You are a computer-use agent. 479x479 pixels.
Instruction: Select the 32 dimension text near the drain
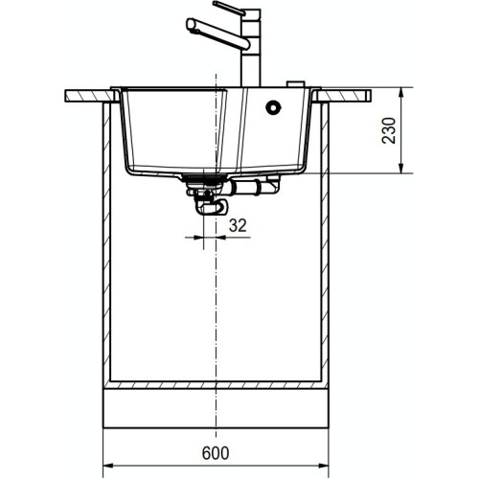237,226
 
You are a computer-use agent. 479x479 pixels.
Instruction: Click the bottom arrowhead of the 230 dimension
400,171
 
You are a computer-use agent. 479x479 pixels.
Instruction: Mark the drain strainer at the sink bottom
204,179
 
